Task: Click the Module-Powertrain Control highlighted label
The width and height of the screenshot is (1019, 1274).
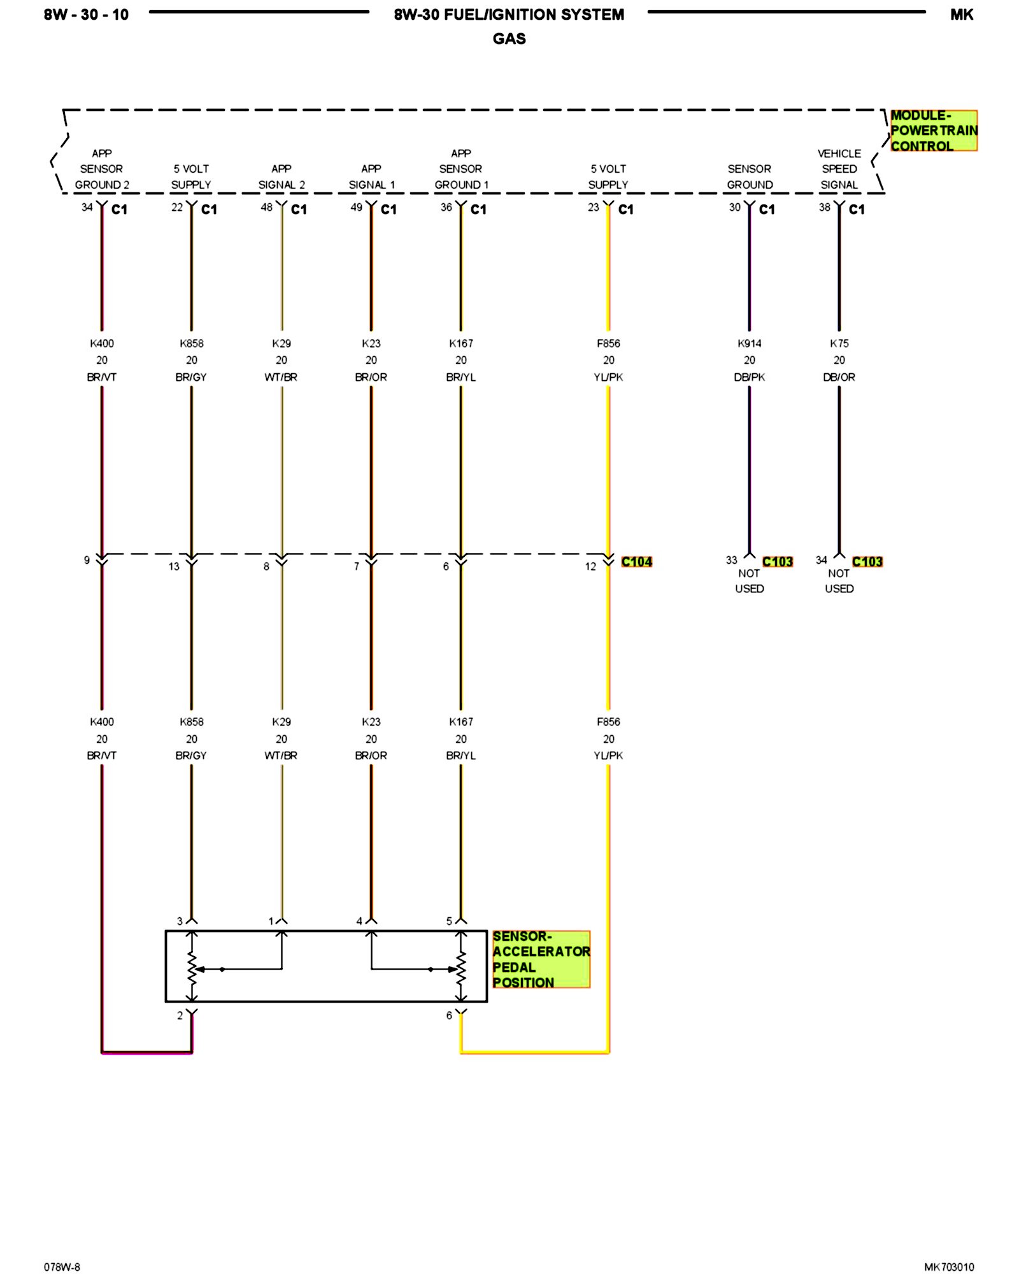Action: tap(933, 131)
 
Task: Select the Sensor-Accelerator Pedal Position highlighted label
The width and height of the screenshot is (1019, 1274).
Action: tap(541, 959)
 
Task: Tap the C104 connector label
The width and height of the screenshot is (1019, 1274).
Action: tap(636, 562)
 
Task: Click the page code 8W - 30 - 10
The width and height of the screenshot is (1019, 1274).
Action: tap(86, 15)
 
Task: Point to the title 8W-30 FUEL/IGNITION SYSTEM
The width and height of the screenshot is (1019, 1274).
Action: tap(509, 15)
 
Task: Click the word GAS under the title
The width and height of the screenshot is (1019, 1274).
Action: tap(509, 39)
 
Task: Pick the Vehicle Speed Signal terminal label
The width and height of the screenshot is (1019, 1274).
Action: tap(839, 169)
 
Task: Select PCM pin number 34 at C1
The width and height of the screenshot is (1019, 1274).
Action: tap(87, 207)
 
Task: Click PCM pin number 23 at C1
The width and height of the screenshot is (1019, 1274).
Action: tap(593, 207)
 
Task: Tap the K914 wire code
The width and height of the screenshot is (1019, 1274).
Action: tap(749, 343)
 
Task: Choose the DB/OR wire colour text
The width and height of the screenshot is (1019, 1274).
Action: tap(839, 377)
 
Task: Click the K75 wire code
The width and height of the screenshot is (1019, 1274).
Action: tap(839, 343)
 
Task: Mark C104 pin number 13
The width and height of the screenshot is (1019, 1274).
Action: tap(174, 566)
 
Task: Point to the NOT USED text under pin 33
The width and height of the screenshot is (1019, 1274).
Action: tap(749, 581)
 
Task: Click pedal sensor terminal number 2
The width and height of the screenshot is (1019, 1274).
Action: tap(180, 1015)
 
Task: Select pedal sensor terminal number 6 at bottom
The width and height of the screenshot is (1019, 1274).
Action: tap(449, 1015)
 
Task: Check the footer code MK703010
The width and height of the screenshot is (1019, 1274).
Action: tap(949, 1267)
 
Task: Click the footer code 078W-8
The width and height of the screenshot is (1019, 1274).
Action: tap(62, 1267)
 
